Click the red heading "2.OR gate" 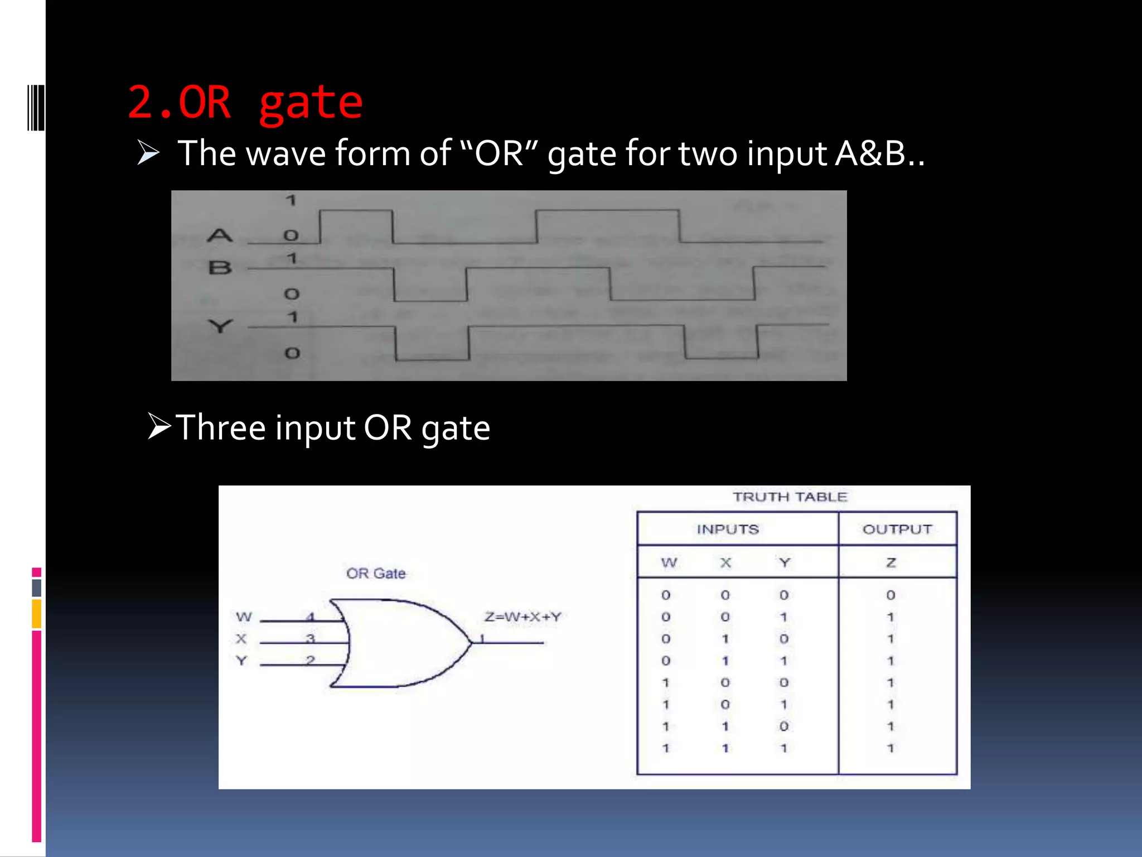coord(245,103)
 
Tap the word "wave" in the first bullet coord(285,153)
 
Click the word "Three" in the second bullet coord(221,428)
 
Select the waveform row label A coord(220,235)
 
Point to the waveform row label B coord(220,268)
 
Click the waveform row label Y coord(220,325)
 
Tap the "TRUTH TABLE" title coord(790,497)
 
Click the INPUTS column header coord(728,529)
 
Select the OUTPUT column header coord(897,529)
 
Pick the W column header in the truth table coord(669,562)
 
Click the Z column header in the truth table coord(891,562)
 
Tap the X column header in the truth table coord(725,562)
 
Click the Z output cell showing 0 coord(891,595)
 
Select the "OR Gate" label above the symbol coord(376,574)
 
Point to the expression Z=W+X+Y coord(522,617)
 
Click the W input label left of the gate coord(244,617)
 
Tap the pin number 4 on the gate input coord(311,617)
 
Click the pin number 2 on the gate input coord(311,661)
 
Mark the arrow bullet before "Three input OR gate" coord(159,426)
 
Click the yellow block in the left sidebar coord(37,614)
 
